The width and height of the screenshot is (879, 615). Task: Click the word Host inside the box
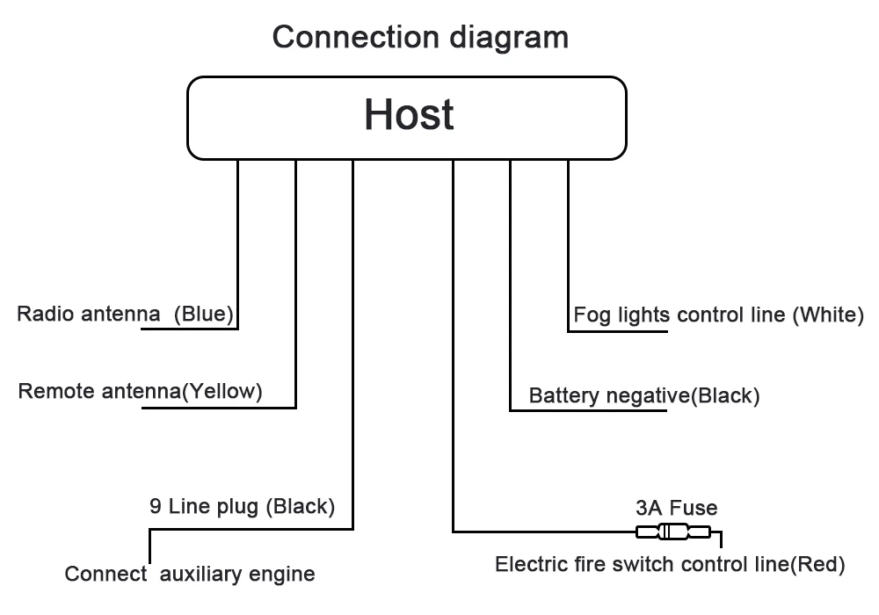pyautogui.click(x=409, y=114)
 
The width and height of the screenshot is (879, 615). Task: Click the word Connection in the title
pyautogui.click(x=355, y=38)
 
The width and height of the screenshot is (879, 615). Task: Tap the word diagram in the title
pyautogui.click(x=509, y=39)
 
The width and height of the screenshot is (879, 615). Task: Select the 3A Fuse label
pyautogui.click(x=677, y=508)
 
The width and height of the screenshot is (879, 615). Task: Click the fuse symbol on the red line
pyautogui.click(x=673, y=532)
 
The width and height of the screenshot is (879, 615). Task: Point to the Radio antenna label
pyautogui.click(x=89, y=314)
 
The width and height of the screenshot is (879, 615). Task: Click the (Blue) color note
pyautogui.click(x=204, y=315)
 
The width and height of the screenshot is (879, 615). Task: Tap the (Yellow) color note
pyautogui.click(x=222, y=391)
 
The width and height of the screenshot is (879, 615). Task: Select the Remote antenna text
pyautogui.click(x=100, y=391)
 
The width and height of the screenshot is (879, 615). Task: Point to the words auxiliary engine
pyautogui.click(x=237, y=574)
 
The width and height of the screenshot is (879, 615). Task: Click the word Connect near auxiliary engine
pyautogui.click(x=105, y=574)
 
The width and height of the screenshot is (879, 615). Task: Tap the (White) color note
pyautogui.click(x=828, y=315)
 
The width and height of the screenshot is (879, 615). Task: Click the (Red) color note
pyautogui.click(x=817, y=565)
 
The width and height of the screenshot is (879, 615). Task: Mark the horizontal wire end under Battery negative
pyautogui.click(x=666, y=410)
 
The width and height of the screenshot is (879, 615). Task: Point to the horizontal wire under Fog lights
pyautogui.click(x=617, y=331)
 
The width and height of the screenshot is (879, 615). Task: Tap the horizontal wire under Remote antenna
pyautogui.click(x=219, y=408)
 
